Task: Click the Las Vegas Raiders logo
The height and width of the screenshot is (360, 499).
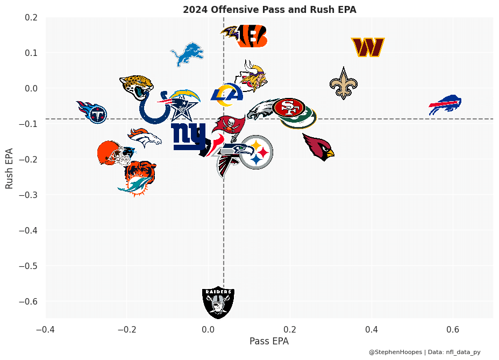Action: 218,302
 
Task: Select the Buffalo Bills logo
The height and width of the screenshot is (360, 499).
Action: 445,104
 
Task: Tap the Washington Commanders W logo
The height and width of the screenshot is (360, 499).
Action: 367,47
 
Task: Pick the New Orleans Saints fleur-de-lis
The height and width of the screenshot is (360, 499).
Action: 344,83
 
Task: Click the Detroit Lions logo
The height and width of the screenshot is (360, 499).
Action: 188,54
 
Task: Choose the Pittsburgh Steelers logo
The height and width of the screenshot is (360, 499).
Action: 256,152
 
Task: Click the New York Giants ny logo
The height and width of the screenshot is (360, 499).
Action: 188,136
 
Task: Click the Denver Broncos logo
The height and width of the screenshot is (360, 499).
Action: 145,138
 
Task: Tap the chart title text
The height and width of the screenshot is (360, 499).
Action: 269,10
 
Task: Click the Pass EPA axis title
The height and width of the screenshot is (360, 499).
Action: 269,341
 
